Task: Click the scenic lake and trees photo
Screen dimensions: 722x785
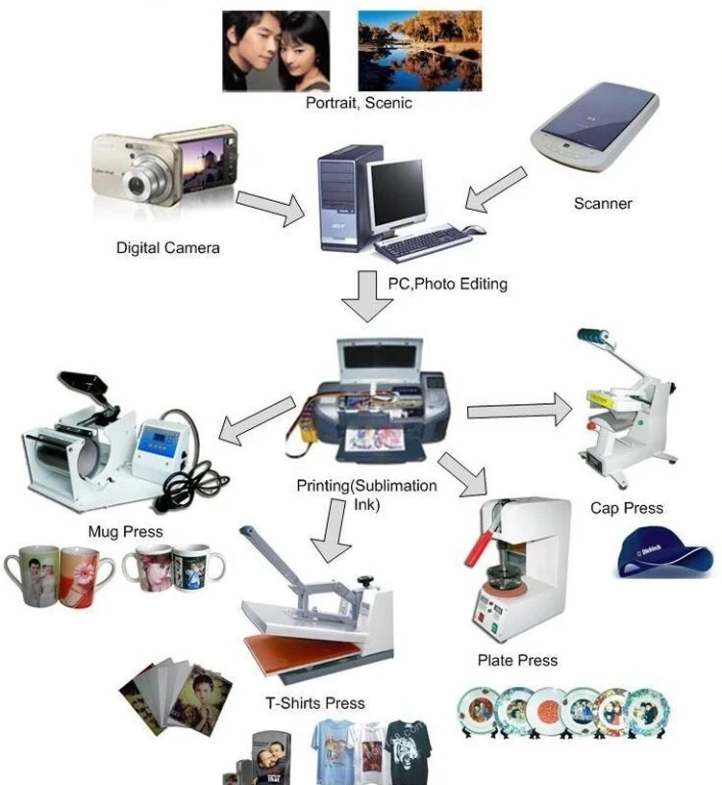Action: [x=420, y=51]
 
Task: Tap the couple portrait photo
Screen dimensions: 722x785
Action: [x=276, y=51]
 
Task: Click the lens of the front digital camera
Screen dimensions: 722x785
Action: [x=137, y=185]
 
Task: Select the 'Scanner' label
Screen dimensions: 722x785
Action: [x=603, y=203]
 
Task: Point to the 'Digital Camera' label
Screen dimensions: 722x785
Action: [x=168, y=248]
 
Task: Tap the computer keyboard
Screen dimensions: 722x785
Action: [x=423, y=241]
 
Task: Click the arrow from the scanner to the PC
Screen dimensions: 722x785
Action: [x=496, y=190]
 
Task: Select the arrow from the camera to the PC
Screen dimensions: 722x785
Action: [x=270, y=207]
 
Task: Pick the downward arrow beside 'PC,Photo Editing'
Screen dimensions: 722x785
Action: [x=367, y=296]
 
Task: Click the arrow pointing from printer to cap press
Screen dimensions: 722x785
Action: [x=519, y=410]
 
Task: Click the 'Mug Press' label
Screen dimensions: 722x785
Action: [x=126, y=531]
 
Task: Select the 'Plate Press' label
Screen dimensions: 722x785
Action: [x=517, y=660]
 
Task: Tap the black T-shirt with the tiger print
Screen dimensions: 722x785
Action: [x=409, y=751]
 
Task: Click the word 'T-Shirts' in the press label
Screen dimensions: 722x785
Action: [x=291, y=703]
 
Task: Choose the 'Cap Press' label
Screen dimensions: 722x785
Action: [x=627, y=508]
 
